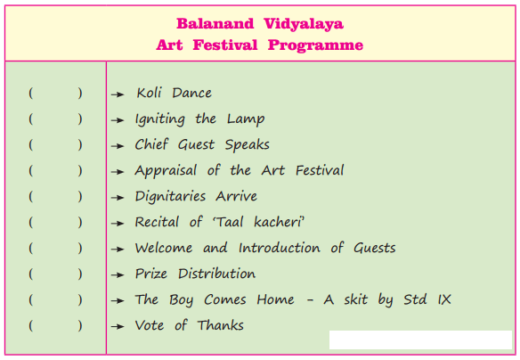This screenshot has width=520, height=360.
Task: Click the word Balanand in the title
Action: (215, 24)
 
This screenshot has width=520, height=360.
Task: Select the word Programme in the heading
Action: (315, 45)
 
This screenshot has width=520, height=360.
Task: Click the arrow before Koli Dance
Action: (118, 94)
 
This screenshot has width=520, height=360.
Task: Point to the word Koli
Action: (149, 93)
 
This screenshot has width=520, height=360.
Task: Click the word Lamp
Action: (246, 119)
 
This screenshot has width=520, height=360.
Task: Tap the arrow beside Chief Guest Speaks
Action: (118, 146)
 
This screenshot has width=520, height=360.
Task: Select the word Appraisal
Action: (166, 171)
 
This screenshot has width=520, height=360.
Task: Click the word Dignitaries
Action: (170, 196)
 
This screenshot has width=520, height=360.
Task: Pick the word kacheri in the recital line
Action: (278, 222)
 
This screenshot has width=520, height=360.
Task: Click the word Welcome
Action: (164, 248)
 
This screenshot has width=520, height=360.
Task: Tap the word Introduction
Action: (280, 248)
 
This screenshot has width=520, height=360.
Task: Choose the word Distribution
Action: (216, 274)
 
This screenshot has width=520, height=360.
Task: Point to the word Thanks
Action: (220, 325)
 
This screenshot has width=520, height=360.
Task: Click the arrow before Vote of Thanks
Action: (118, 326)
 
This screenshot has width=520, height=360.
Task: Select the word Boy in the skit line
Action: (181, 300)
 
